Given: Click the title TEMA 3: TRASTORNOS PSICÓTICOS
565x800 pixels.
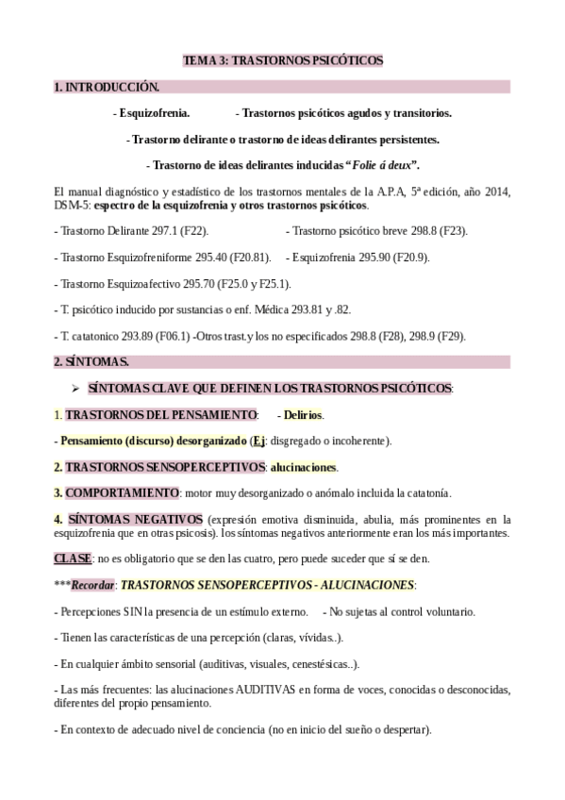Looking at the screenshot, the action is [282, 60].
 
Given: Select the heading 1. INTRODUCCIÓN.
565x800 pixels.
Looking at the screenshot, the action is [107, 87].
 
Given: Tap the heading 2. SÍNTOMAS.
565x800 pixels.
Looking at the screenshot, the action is [91, 361].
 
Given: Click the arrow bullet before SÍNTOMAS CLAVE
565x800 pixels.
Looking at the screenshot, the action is [77, 388].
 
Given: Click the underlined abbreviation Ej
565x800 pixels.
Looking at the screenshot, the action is [258, 441].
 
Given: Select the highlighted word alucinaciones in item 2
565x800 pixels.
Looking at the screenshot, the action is [304, 467].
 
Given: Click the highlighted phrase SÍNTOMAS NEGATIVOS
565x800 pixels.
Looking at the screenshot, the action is [135, 519].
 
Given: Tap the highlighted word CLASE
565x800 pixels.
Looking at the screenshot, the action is [73, 558].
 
